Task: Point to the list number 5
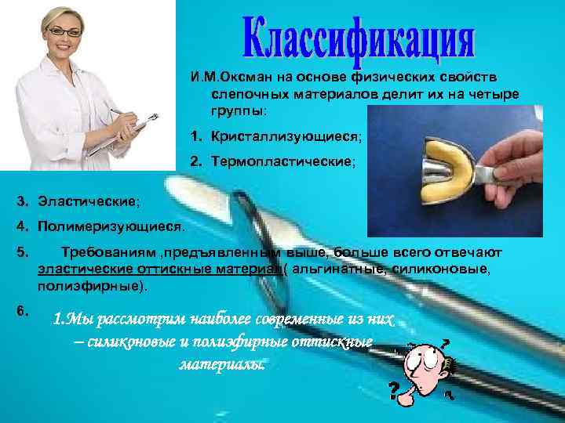pyautogui.click(x=21, y=253)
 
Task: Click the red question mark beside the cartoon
pyautogui.click(x=392, y=389)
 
